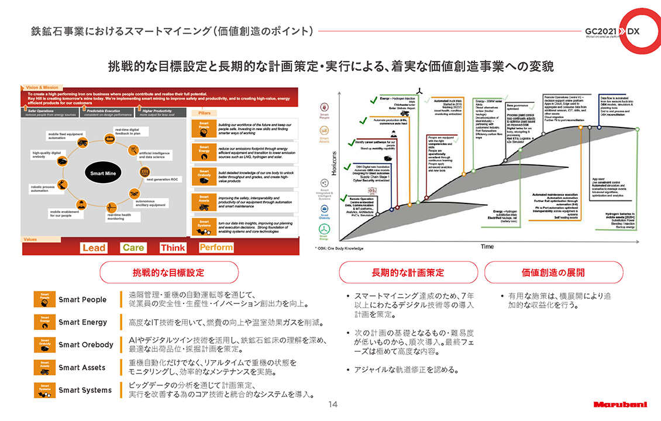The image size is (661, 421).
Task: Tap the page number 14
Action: coord(333,404)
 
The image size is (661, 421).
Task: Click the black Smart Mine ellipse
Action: coord(104,174)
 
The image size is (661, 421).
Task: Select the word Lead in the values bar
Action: coord(94,248)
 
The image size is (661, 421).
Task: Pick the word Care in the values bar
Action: coord(133,248)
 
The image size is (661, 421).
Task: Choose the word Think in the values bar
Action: coord(173,248)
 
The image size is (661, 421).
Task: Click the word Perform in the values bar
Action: coord(216,247)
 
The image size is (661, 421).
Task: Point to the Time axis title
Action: coord(487,247)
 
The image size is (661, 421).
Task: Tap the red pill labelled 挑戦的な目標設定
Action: coord(169,272)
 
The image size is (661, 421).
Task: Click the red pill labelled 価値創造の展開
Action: coord(553,272)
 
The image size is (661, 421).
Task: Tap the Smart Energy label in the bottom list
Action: coord(82,322)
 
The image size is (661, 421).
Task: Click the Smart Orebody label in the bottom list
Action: coord(85,344)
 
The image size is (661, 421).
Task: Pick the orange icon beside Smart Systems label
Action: coord(45,390)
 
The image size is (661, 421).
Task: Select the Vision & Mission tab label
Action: coord(42,88)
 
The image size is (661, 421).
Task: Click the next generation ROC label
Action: coord(162,180)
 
